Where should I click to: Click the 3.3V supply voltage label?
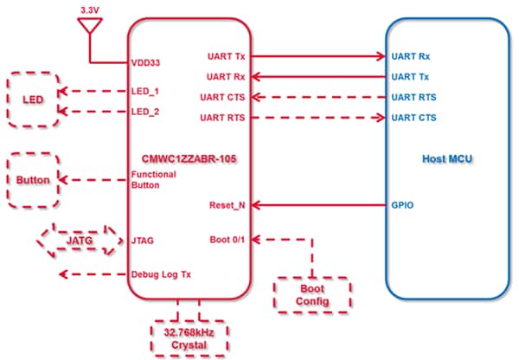point(89,9)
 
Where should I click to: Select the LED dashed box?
point(33,100)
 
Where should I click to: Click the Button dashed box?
point(33,180)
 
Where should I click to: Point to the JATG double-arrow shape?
point(77,240)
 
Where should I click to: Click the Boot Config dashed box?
point(312,294)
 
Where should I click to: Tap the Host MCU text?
point(446,159)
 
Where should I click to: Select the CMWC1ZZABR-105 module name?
point(189,159)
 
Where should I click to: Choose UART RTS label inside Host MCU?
point(413,97)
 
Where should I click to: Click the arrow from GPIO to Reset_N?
point(319,206)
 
